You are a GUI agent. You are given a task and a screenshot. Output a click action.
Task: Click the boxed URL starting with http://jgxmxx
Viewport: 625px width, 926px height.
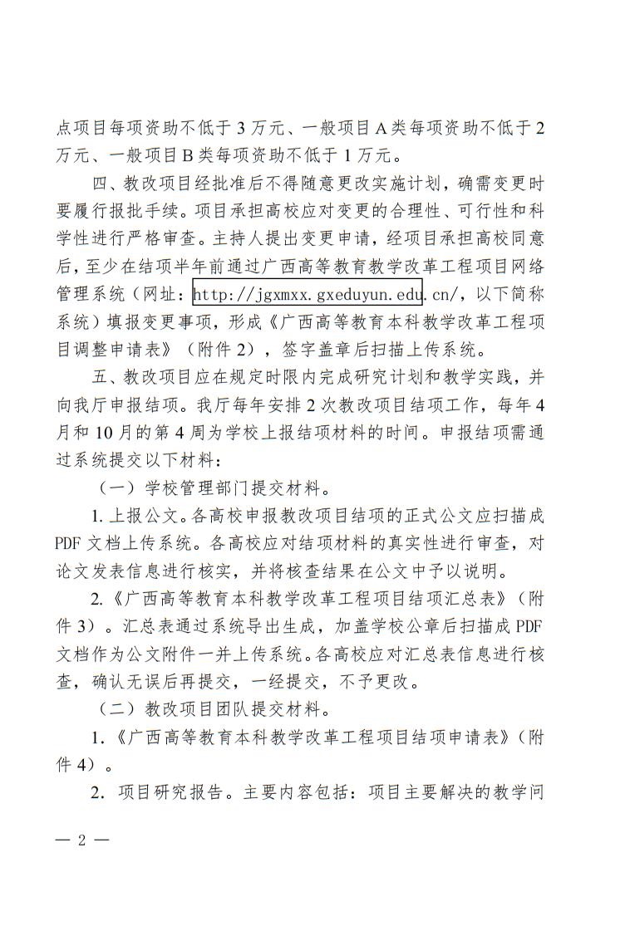308,293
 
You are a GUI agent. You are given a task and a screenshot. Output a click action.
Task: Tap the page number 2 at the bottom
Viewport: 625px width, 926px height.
81,839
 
